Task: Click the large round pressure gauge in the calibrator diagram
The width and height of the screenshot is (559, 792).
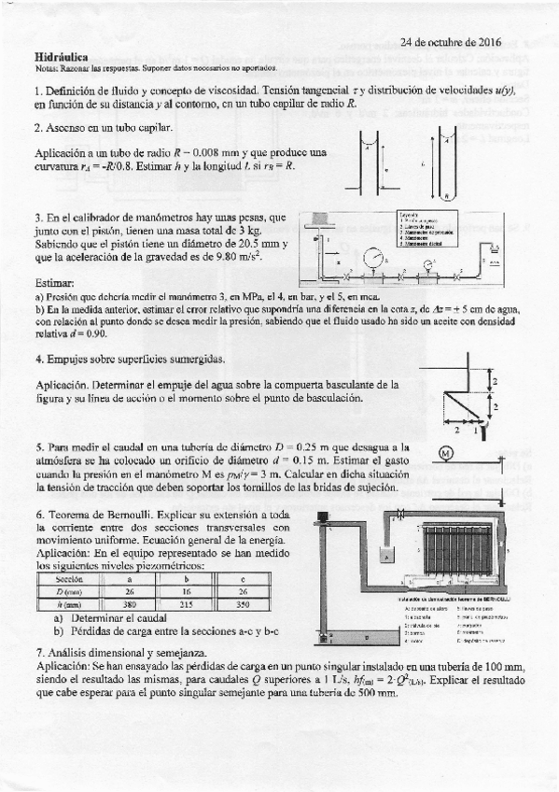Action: point(372,255)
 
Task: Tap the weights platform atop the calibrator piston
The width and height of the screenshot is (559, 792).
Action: point(318,219)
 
